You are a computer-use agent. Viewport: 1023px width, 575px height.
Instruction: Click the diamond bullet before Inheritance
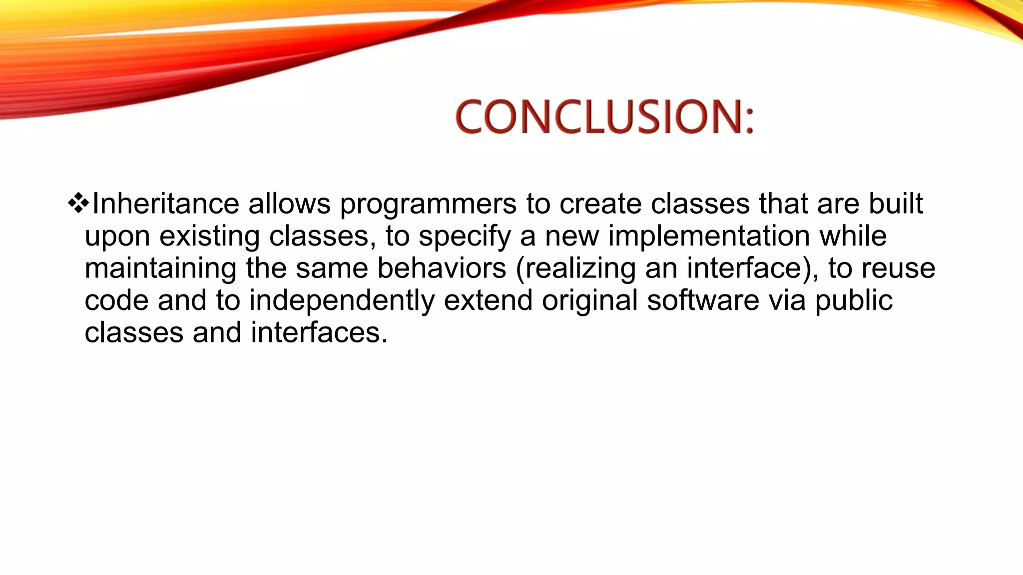point(78,204)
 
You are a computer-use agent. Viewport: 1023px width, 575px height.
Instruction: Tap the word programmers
point(428,204)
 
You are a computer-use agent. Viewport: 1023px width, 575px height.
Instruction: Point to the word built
point(896,204)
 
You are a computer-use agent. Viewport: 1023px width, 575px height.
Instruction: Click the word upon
point(117,236)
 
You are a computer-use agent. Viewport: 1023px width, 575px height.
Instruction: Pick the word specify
point(465,236)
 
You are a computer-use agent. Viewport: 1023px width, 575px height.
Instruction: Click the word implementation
point(709,236)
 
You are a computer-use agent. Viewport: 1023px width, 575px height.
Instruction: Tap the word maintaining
point(160,268)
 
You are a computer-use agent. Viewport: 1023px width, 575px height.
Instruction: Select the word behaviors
point(442,268)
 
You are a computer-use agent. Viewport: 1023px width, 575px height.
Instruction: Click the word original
point(589,300)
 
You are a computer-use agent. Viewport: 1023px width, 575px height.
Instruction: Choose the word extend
point(488,300)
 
